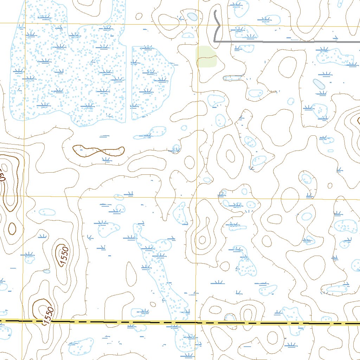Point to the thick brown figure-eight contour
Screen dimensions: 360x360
[x=98, y=151]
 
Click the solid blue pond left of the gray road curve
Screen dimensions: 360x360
[x=192, y=17]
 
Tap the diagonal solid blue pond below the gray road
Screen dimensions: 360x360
[x=319, y=84]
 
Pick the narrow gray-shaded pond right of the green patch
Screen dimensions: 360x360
[x=232, y=78]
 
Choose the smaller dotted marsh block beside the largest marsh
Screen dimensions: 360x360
[x=151, y=81]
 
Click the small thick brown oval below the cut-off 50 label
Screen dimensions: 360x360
[x=12, y=229]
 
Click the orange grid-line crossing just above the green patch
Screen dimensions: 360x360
[x=198, y=25]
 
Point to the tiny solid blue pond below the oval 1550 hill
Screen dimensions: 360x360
[x=47, y=271]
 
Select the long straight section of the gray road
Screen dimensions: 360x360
[x=281, y=41]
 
